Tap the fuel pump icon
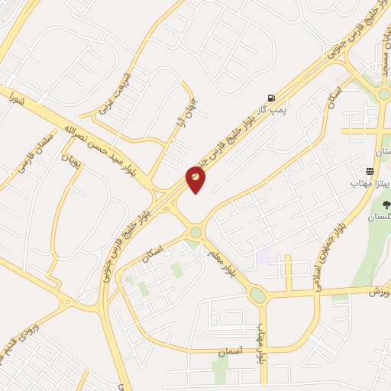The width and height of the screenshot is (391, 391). click(271, 97)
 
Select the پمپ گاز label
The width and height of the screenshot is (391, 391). click(280, 110)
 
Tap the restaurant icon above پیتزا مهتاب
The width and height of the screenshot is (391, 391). click(370, 171)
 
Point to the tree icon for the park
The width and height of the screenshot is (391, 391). click(383, 204)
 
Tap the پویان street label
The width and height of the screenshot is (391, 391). click(70, 159)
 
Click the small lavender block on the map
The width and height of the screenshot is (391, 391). click(263, 256)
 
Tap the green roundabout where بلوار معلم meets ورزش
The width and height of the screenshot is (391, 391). click(258, 295)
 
